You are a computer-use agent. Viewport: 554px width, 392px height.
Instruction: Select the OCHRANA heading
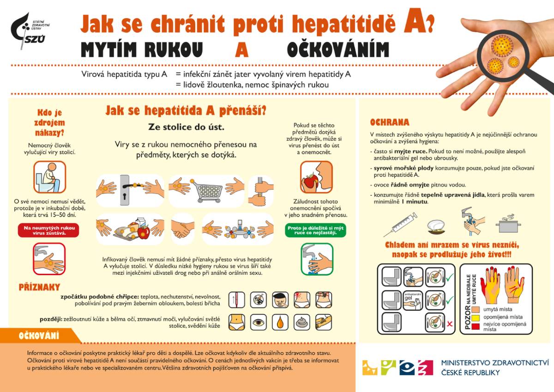point(390,122)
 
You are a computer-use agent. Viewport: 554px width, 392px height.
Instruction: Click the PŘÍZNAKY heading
point(39,287)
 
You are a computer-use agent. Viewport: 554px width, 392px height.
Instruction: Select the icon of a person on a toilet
point(49,177)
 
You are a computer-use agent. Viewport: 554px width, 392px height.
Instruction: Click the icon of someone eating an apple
point(316,177)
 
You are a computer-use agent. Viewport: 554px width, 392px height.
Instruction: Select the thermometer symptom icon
point(236,299)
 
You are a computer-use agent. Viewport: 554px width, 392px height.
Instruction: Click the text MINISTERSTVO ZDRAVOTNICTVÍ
point(495,362)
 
